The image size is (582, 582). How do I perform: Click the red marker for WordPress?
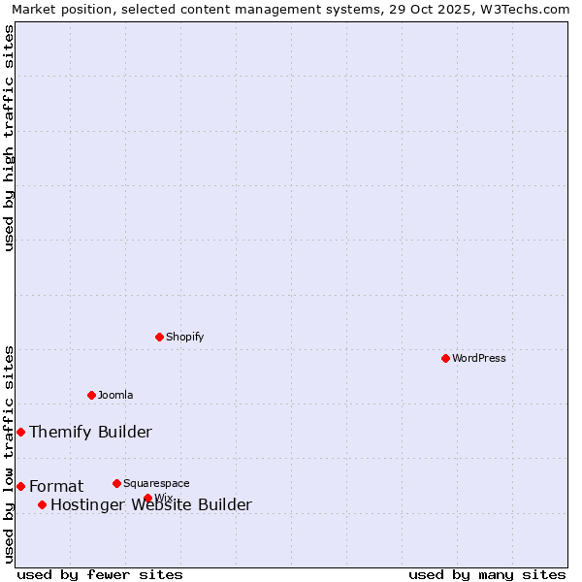(x=445, y=358)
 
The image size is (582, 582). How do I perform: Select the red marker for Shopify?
(x=159, y=337)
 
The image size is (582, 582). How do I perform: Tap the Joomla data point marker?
(x=91, y=395)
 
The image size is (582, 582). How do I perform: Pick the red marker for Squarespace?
(x=116, y=483)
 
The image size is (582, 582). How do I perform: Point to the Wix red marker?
(x=147, y=498)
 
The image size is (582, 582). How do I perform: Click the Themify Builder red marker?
(x=20, y=432)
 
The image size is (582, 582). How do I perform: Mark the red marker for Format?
(x=20, y=486)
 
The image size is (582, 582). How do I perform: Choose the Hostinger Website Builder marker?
(x=42, y=504)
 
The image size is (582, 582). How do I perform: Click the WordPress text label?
(x=479, y=358)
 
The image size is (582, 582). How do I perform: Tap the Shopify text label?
(x=184, y=337)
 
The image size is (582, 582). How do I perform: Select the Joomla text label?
(x=115, y=395)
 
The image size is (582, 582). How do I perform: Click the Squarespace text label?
(x=156, y=483)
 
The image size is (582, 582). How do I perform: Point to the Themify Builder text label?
(x=90, y=432)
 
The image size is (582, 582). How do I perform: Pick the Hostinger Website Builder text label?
(x=150, y=504)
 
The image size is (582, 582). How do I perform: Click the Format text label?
(x=56, y=486)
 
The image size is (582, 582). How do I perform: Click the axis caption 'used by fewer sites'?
(x=100, y=574)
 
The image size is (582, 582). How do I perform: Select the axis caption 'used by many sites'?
(x=487, y=574)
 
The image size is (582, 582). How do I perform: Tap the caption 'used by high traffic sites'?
(x=10, y=138)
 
